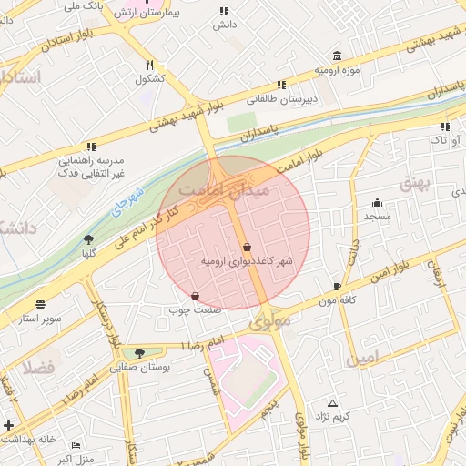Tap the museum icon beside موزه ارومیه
click(x=338, y=56)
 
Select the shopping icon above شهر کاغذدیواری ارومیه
click(x=248, y=247)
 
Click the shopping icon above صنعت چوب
click(x=196, y=296)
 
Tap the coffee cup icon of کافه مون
click(x=338, y=286)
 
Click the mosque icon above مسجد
click(x=377, y=202)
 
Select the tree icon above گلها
click(x=88, y=239)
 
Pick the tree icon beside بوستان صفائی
click(x=139, y=353)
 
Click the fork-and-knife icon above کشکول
click(x=149, y=65)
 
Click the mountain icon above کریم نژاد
click(x=331, y=402)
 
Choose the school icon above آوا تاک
click(x=445, y=127)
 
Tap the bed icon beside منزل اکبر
click(x=76, y=445)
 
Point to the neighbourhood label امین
click(x=360, y=359)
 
